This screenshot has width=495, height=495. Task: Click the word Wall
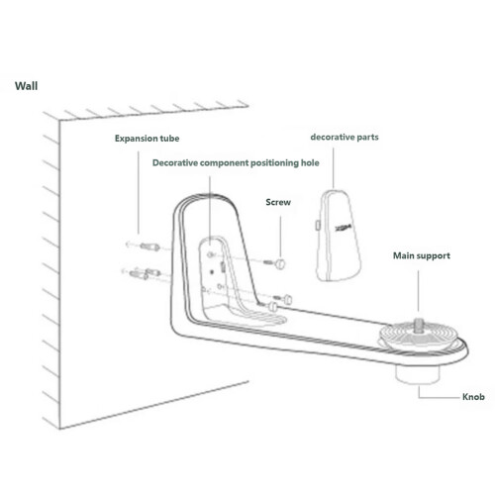point(26,86)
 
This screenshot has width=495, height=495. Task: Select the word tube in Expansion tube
point(169,138)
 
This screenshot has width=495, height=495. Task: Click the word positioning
point(274,163)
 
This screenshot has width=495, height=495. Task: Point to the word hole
point(310,162)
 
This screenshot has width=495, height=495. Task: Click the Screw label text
point(278,202)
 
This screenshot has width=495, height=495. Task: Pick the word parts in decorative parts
point(367,138)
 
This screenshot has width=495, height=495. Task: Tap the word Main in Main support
point(403,255)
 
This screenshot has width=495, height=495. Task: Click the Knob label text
point(473,397)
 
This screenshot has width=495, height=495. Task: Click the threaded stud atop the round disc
point(419,323)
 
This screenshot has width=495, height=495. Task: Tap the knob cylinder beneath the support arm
point(418,374)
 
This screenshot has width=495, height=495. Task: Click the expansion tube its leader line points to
point(149,247)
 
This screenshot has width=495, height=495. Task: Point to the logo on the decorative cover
point(344,228)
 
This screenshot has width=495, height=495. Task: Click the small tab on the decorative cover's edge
point(318,225)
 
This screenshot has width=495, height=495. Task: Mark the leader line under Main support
point(419,290)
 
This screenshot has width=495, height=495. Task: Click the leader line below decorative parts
point(333,168)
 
